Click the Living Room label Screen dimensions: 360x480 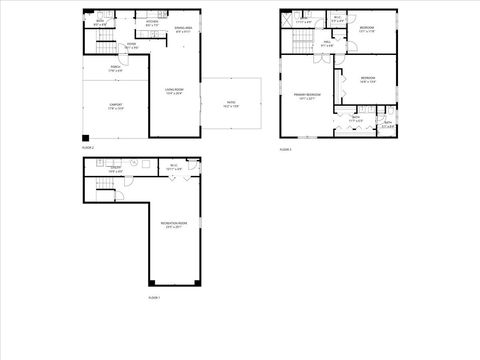click(173, 92)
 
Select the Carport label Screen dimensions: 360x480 click(115, 108)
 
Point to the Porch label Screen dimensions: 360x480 click(115, 69)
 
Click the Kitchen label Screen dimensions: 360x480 click(152, 23)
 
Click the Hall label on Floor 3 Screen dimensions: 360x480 click(326, 43)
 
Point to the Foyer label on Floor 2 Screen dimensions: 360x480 click(131, 45)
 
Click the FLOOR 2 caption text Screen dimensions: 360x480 click(87, 147)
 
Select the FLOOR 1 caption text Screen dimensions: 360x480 click(153, 297)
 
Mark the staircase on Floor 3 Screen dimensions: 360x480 click(297, 42)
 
